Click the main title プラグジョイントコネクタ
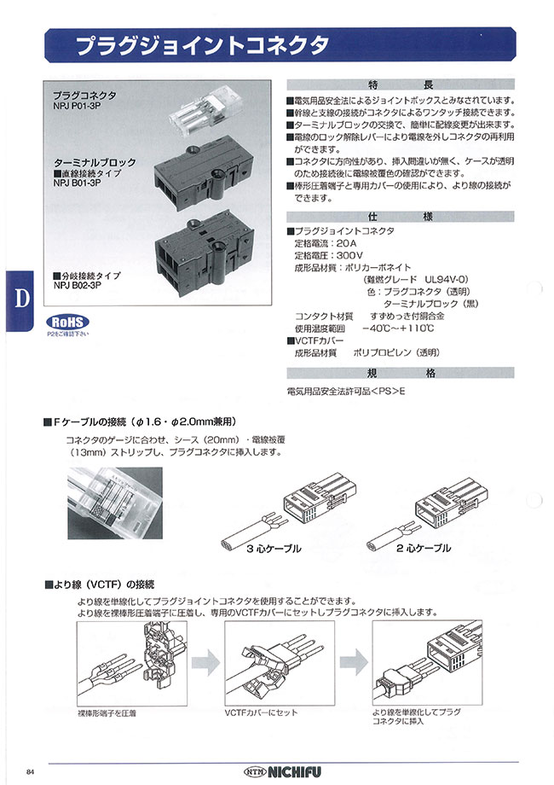click(197, 45)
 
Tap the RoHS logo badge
click(67, 323)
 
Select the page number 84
click(31, 770)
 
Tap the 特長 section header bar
click(401, 85)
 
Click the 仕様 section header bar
click(401, 217)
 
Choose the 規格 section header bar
click(401, 373)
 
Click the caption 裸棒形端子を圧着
click(107, 712)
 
